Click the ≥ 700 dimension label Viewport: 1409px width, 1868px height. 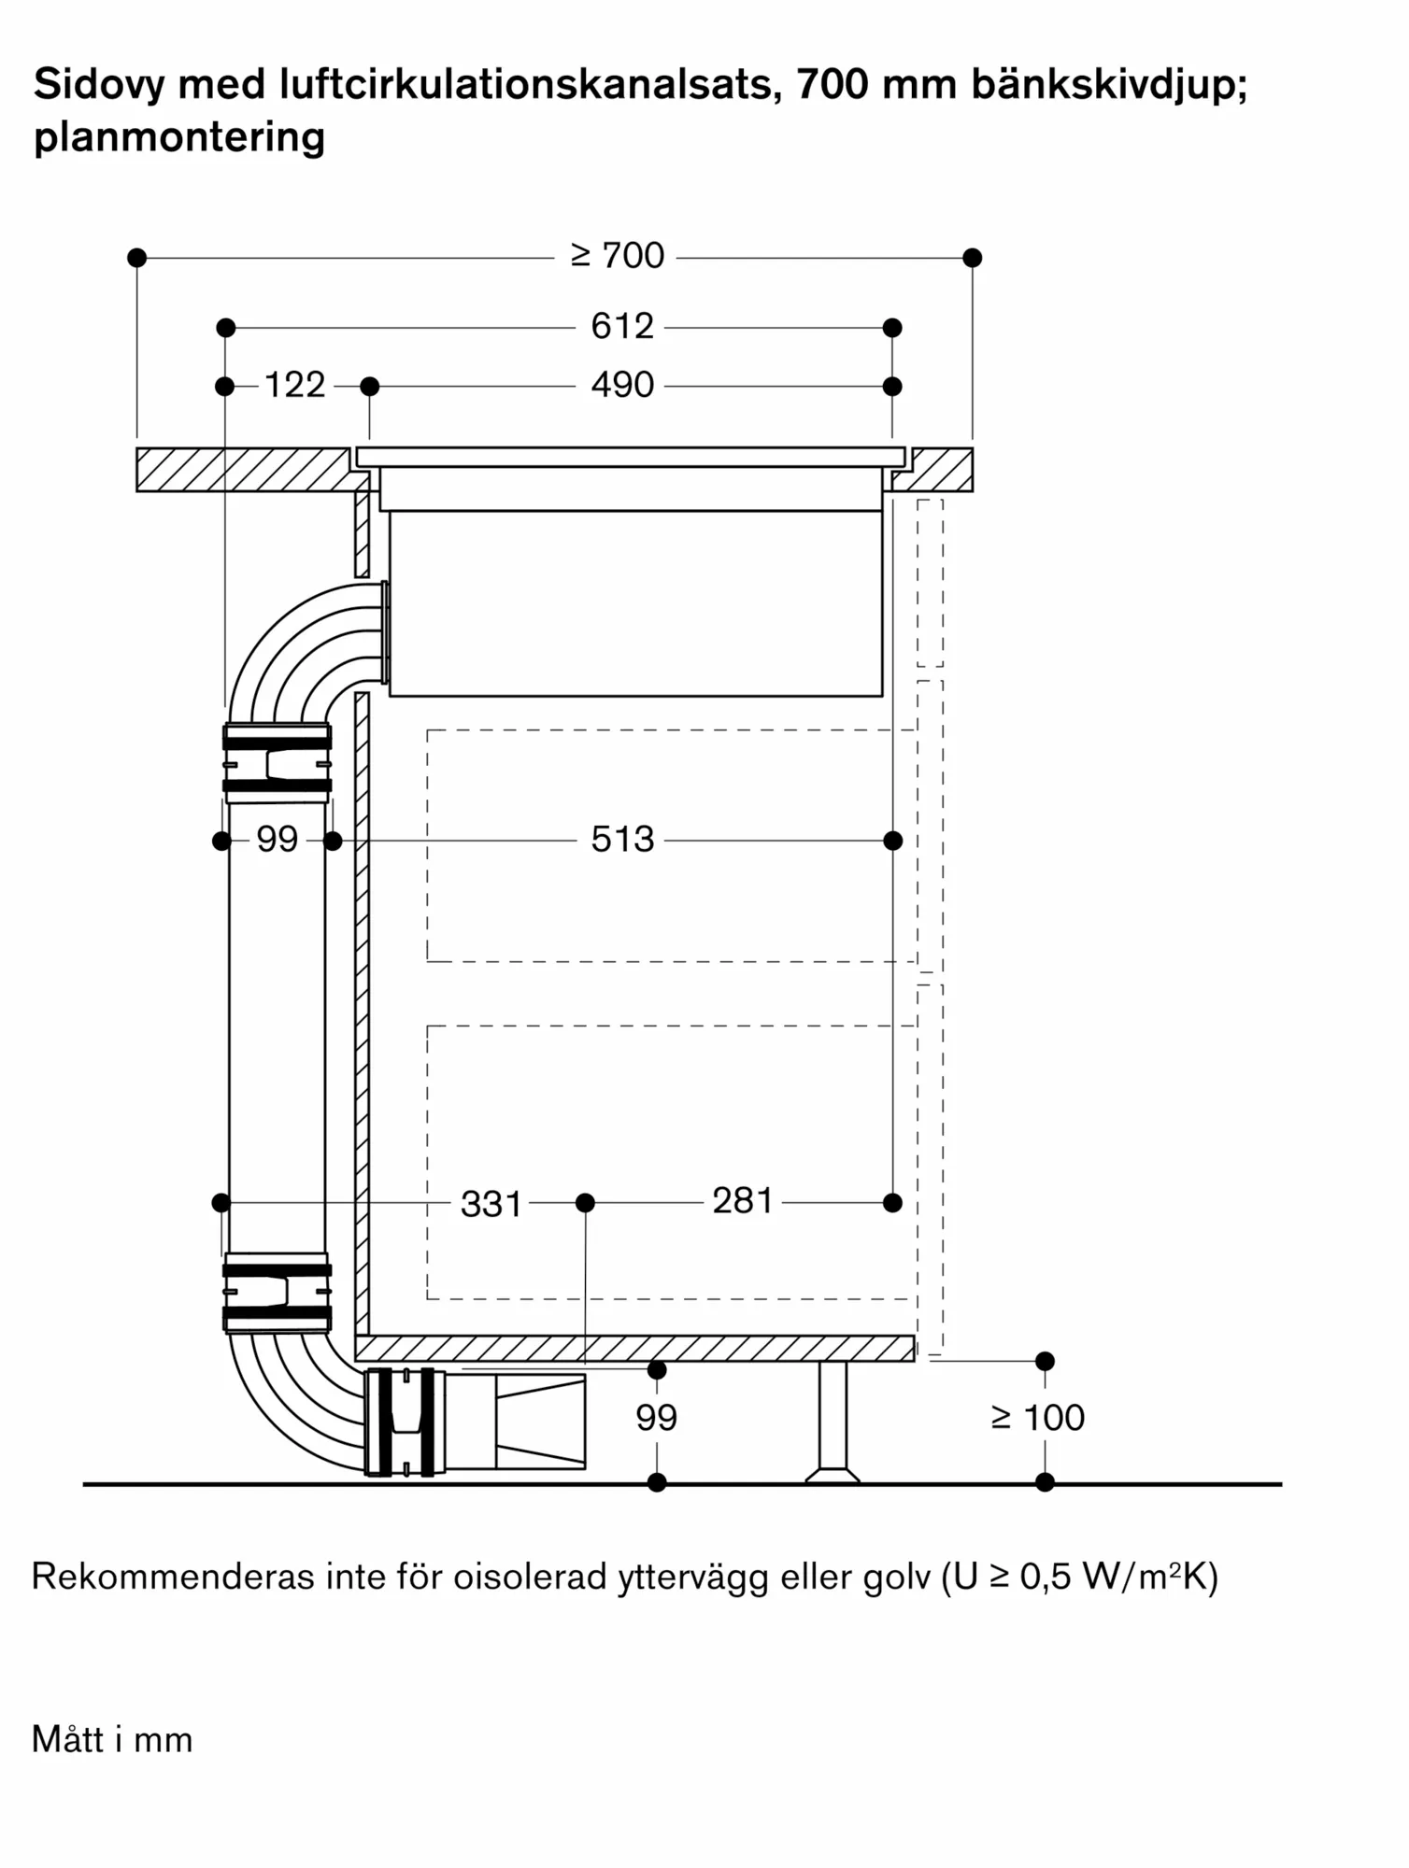point(617,255)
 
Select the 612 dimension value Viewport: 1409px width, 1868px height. point(622,326)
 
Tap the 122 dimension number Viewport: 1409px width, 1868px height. point(294,385)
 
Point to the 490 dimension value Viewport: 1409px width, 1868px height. point(622,385)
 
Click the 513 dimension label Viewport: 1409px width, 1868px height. point(622,839)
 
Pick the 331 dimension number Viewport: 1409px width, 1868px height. point(491,1204)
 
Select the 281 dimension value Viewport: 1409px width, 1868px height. point(743,1201)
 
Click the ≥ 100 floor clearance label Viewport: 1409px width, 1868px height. point(1038,1418)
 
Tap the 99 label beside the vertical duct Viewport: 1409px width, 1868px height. point(278,839)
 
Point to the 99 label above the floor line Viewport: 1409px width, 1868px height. point(657,1418)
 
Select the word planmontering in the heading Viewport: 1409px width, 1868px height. point(179,137)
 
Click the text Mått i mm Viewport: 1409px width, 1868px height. point(112,1740)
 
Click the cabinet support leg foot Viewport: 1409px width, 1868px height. point(833,1476)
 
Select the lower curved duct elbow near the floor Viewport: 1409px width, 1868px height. point(280,1401)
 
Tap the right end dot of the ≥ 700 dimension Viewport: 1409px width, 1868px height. point(972,258)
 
